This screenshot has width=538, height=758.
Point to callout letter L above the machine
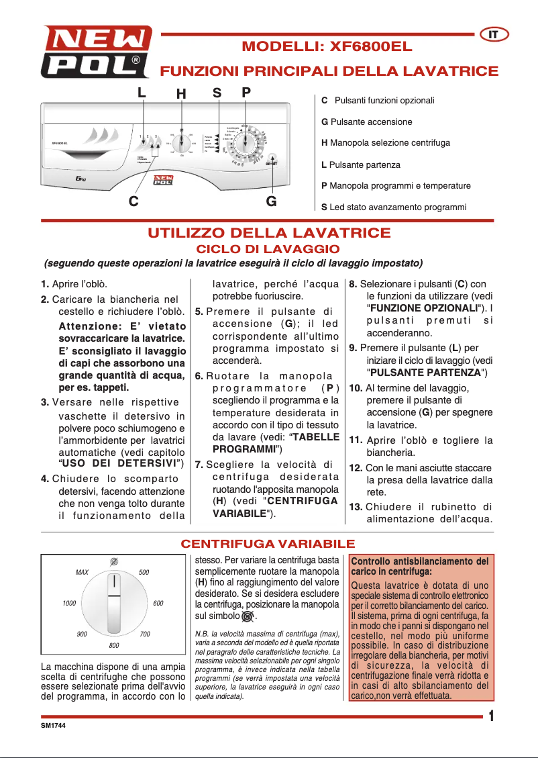click(x=142, y=93)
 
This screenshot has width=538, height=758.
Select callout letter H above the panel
click(x=181, y=95)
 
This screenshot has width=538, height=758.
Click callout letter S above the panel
click(x=217, y=93)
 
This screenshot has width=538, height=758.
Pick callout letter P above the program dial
click(x=246, y=93)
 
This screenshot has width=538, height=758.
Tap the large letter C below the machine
click(x=134, y=200)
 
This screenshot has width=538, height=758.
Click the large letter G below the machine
click(x=271, y=200)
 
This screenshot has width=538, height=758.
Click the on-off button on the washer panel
click(x=271, y=163)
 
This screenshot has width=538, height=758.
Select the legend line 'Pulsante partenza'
click(x=361, y=164)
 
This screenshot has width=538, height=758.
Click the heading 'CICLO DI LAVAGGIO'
click(x=268, y=249)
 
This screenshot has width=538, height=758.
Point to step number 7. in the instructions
click(x=199, y=465)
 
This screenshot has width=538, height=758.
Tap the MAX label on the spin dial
click(x=82, y=573)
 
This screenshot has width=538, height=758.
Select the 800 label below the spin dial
click(x=114, y=645)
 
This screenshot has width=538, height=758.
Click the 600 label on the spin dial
click(x=158, y=604)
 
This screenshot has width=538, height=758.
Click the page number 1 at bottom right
click(x=492, y=716)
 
